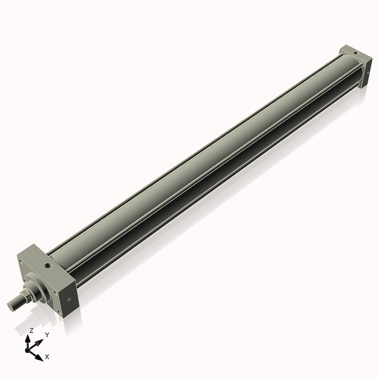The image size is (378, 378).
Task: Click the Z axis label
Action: point(31,330)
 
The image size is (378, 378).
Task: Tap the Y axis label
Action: point(47,334)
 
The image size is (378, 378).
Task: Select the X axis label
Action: point(48,355)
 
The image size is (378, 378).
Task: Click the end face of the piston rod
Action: point(11,305)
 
